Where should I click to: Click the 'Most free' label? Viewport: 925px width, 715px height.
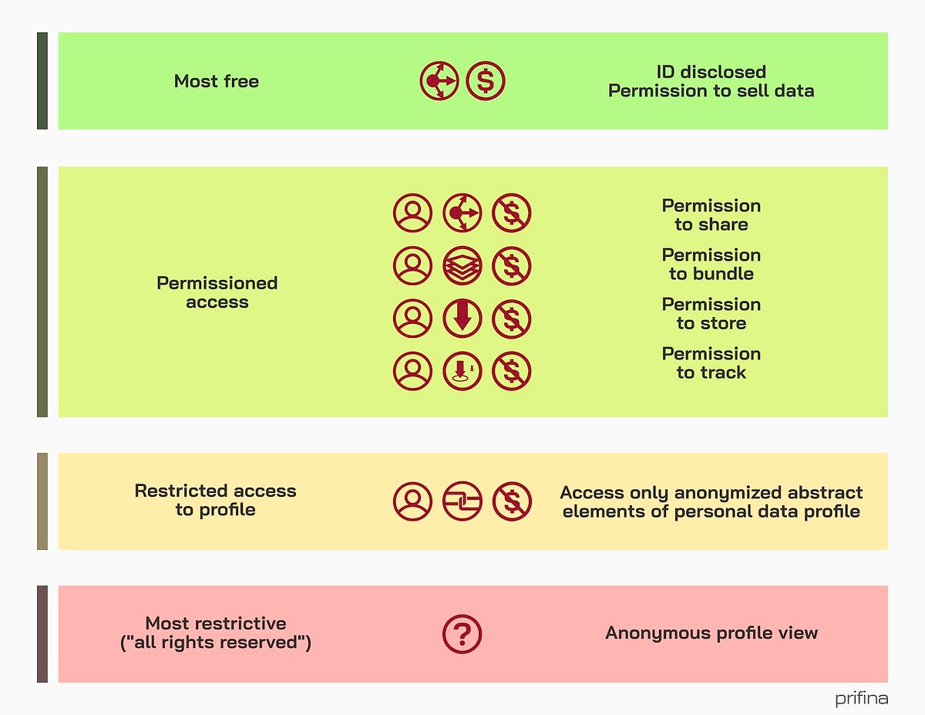click(217, 81)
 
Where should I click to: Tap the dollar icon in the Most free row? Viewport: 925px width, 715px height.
click(486, 81)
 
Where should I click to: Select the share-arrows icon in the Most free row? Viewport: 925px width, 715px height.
click(439, 81)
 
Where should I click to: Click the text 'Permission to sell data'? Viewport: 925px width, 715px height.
click(711, 91)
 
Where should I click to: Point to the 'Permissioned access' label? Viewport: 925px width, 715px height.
click(217, 292)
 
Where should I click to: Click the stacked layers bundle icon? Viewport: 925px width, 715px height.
click(462, 265)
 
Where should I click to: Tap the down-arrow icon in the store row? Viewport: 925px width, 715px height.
click(462, 319)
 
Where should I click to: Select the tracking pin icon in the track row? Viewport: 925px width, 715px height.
click(462, 371)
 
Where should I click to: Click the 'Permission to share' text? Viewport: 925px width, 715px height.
click(711, 215)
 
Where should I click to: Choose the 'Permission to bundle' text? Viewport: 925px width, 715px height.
click(711, 265)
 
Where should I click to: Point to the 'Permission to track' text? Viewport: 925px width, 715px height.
click(711, 363)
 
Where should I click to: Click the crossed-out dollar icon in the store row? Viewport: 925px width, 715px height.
click(512, 319)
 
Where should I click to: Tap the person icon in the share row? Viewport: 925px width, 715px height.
click(412, 213)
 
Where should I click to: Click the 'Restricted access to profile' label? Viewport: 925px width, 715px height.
click(215, 500)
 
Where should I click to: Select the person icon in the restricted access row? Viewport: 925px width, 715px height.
click(412, 501)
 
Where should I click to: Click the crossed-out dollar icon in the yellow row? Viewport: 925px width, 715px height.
click(512, 501)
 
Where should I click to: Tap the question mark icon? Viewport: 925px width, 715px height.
click(462, 634)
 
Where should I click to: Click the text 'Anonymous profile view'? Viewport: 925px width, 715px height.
click(711, 633)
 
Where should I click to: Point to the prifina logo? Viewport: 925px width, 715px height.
click(861, 699)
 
